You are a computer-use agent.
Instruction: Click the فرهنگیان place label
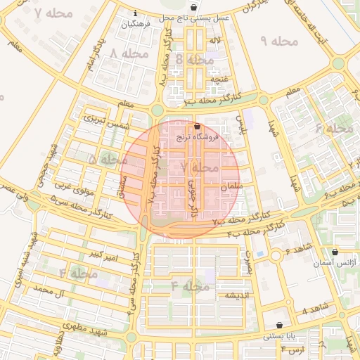tap(136, 24)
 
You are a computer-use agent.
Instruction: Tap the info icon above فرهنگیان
tap(135, 13)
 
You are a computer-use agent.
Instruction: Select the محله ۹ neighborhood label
tap(279, 41)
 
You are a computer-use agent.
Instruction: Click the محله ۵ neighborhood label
tap(103, 160)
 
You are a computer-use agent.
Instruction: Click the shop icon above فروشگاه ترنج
tap(197, 127)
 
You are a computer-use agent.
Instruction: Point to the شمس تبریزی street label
tap(107, 121)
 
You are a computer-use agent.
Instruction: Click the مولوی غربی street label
tap(73, 188)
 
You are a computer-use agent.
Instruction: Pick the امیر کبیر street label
tap(101, 253)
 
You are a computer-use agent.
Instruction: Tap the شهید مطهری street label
tap(82, 326)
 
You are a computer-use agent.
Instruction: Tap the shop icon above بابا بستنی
tap(281, 326)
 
